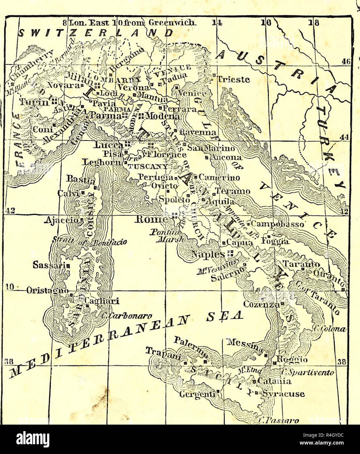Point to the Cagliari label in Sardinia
98,301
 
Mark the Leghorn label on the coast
102,162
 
